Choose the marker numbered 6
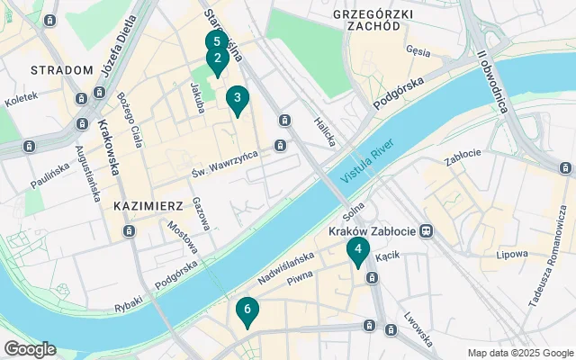[x=247, y=310]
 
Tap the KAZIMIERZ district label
[x=148, y=206]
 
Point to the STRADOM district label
[x=61, y=70]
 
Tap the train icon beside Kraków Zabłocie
[x=427, y=231]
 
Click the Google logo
[x=29, y=349]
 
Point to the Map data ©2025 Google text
[x=519, y=353]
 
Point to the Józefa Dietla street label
[x=121, y=50]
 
